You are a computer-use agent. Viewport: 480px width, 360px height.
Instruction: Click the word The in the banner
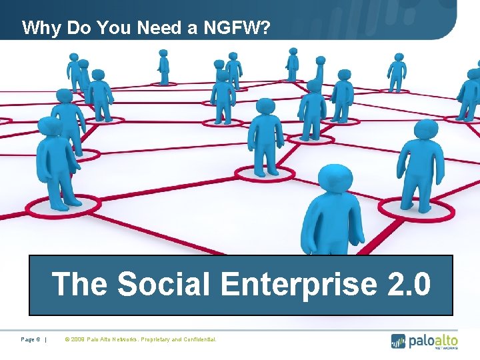click(80, 284)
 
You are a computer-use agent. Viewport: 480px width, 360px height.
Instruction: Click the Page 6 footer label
click(31, 340)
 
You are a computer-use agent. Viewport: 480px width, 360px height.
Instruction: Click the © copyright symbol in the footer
click(67, 340)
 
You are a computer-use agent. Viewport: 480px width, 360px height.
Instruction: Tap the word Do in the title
click(84, 28)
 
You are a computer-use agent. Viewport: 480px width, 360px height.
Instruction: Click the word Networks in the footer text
click(124, 340)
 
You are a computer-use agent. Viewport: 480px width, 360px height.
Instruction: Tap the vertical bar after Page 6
click(46, 340)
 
